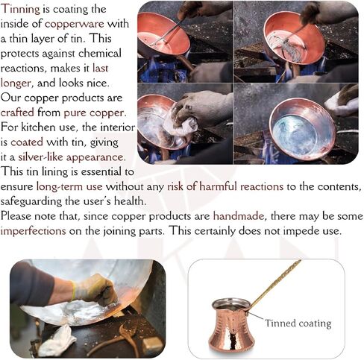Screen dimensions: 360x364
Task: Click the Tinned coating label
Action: [x=298, y=324]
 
